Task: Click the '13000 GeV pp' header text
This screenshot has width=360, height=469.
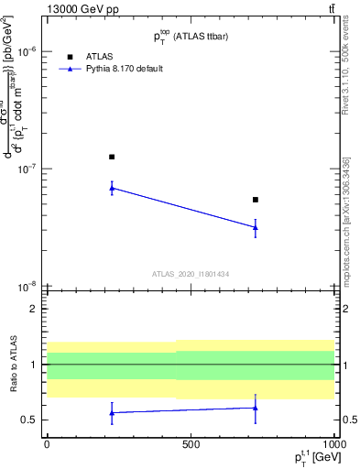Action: pyautogui.click(x=76, y=9)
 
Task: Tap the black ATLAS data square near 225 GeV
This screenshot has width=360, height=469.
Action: pyautogui.click(x=112, y=157)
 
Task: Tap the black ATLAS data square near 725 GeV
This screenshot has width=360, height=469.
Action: pyautogui.click(x=256, y=199)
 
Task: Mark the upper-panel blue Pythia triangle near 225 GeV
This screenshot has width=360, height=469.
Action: pyautogui.click(x=112, y=188)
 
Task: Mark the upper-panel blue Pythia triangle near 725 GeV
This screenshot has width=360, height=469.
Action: pyautogui.click(x=256, y=227)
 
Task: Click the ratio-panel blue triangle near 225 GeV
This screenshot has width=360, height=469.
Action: pyautogui.click(x=112, y=412)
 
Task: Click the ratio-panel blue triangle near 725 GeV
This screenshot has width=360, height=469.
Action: pyautogui.click(x=256, y=408)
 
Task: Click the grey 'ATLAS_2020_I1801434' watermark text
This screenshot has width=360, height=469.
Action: pyautogui.click(x=190, y=274)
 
